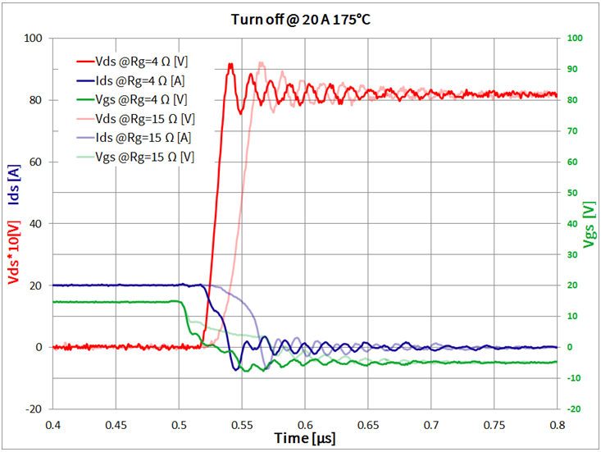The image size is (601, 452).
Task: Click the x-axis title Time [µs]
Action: tap(304, 439)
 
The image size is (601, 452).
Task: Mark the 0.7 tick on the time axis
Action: tap(431, 426)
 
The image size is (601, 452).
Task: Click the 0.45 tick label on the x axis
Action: tap(116, 426)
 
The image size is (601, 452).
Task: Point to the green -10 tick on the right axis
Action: tap(574, 377)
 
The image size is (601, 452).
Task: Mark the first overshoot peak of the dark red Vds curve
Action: tap(230, 64)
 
